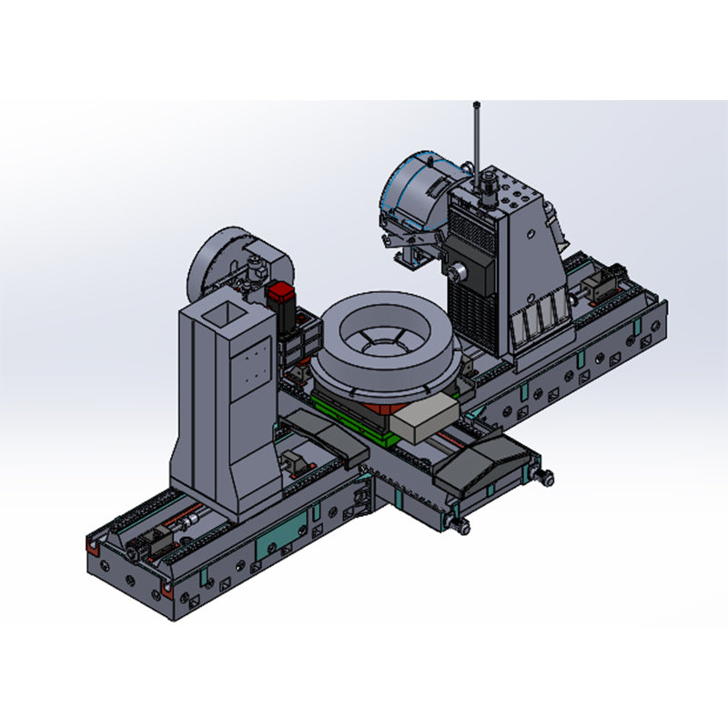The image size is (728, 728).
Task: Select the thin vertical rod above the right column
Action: (x=476, y=136)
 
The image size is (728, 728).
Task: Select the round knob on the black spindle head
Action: (x=460, y=270)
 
